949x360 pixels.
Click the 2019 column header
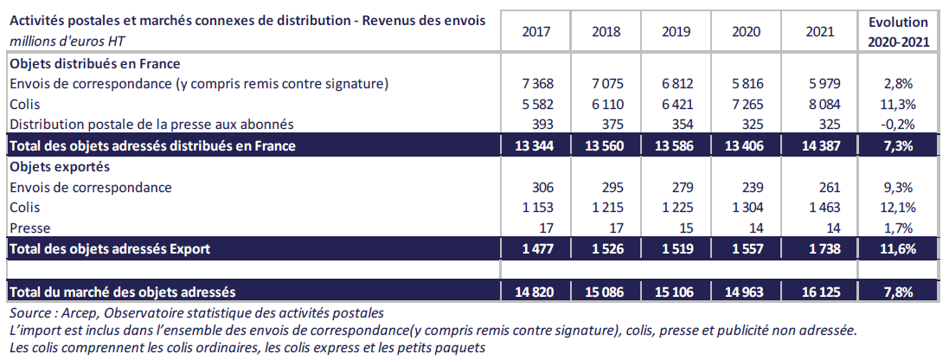point(676,31)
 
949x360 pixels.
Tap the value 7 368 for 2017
point(537,84)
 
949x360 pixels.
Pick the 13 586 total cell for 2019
point(676,145)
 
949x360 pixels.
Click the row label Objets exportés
point(47,166)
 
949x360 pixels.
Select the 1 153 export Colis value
point(537,208)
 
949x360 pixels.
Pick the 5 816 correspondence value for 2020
point(745,84)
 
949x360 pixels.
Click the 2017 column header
point(537,31)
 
